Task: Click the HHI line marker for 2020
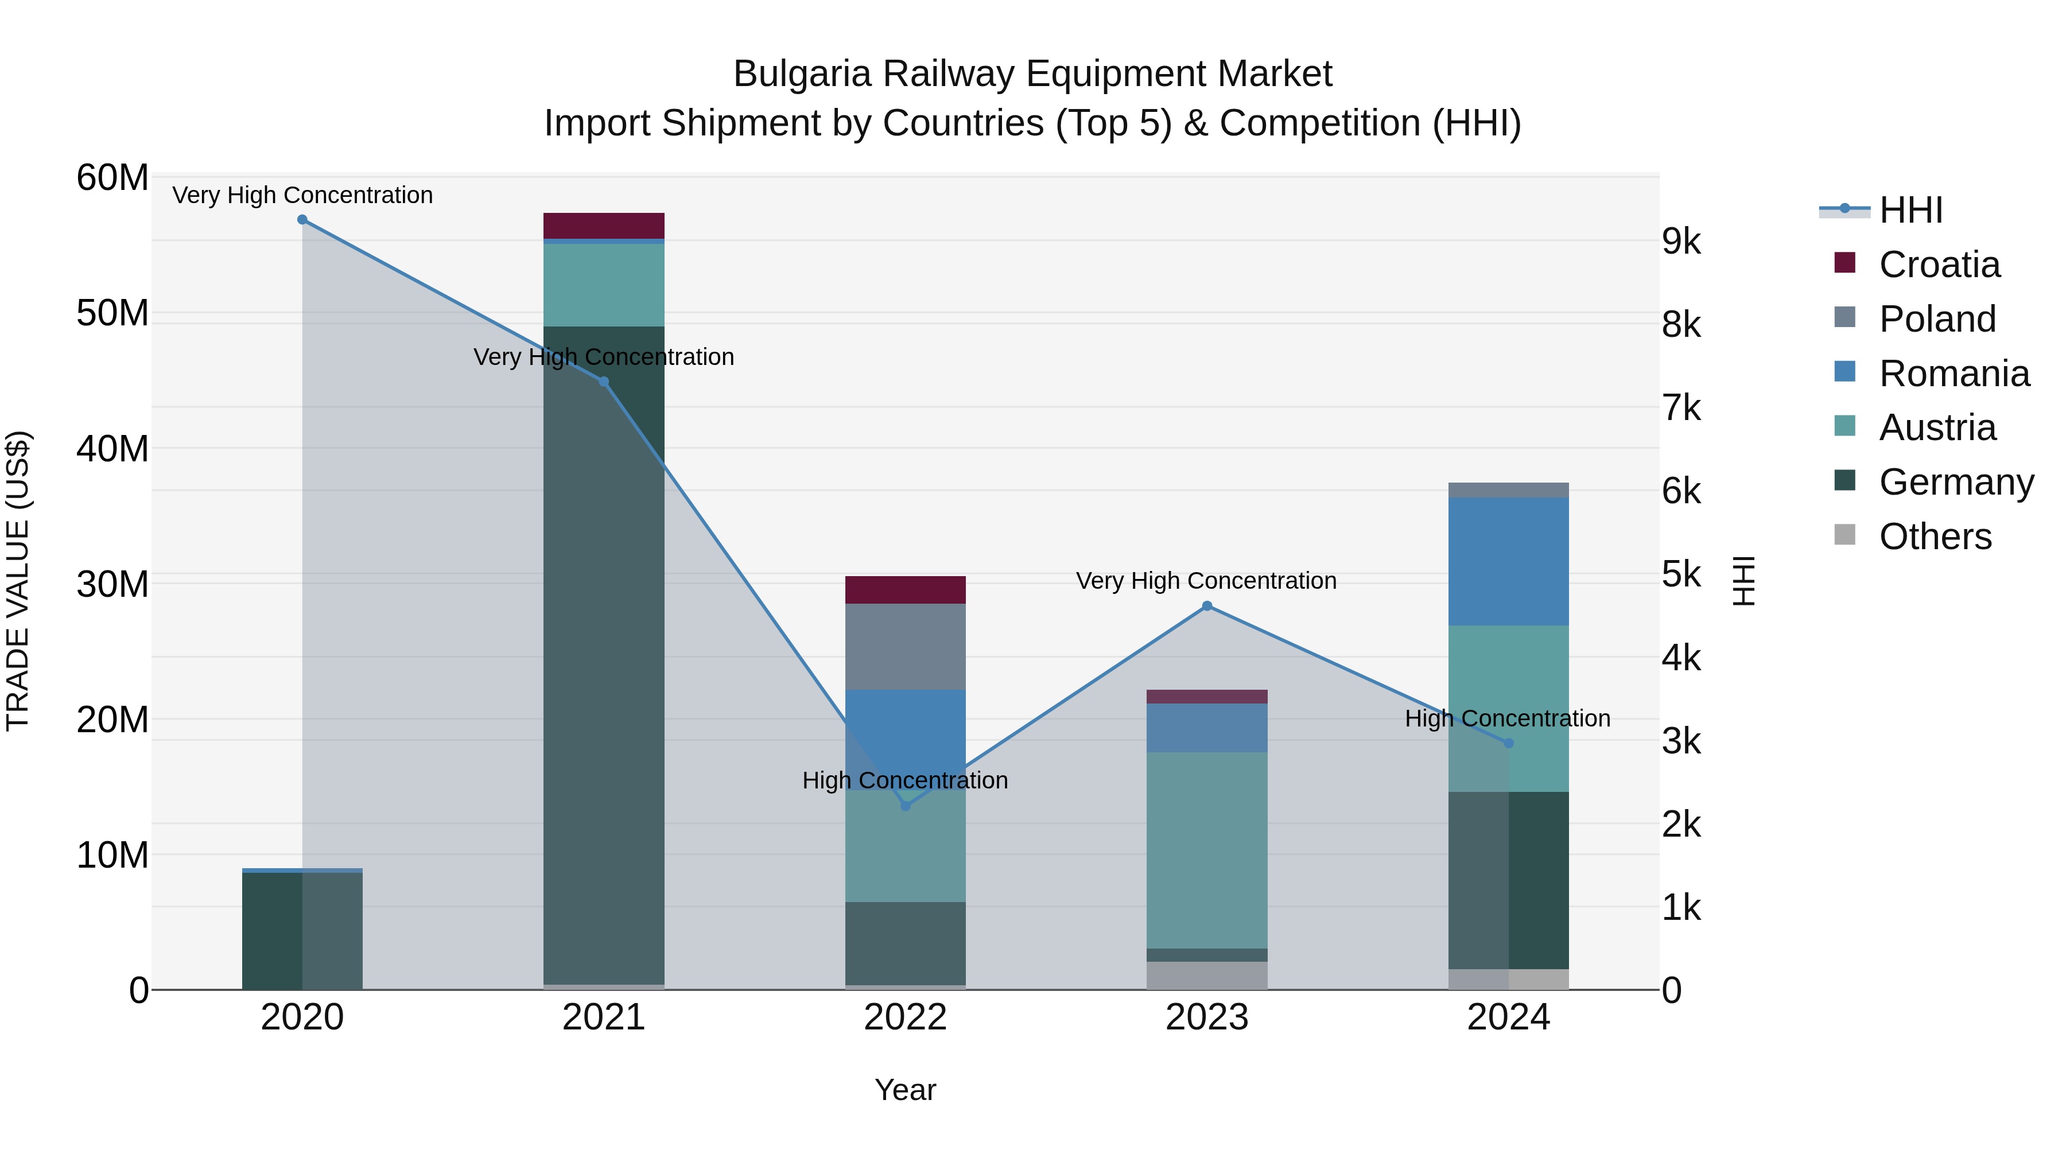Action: pos(302,220)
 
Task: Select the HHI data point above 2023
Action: pos(1206,607)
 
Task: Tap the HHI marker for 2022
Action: pos(906,806)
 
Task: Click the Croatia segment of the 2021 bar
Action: pos(604,226)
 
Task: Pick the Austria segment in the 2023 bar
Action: pos(1206,850)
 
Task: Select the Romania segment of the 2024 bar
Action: pos(1508,561)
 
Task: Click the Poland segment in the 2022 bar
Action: pos(906,646)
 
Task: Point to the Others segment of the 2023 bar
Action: pos(1206,975)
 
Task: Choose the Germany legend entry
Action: pos(1956,482)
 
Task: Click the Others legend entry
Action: pos(1935,537)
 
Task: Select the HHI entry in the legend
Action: pos(1910,210)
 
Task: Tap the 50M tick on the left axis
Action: pos(112,313)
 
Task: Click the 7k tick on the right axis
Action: pos(1681,407)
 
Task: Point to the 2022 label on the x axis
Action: pos(906,1017)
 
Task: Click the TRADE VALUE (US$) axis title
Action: pos(18,581)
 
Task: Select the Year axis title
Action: pos(906,1090)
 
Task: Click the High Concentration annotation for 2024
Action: pos(1507,718)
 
